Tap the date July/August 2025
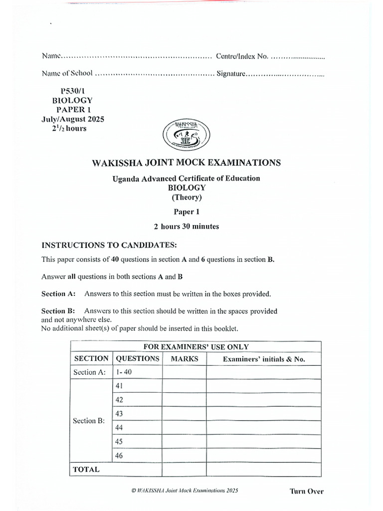pyautogui.click(x=73, y=119)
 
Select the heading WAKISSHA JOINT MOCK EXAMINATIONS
pyautogui.click(x=187, y=163)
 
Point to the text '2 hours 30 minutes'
pyautogui.click(x=187, y=226)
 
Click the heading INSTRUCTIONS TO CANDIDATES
pyautogui.click(x=109, y=245)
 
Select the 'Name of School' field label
pyautogui.click(x=67, y=73)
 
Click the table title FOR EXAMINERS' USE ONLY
pyautogui.click(x=196, y=347)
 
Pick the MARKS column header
pyautogui.click(x=185, y=359)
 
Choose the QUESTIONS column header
pyautogui.click(x=138, y=359)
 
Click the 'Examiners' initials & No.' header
pyautogui.click(x=264, y=359)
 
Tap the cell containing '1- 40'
pyautogui.click(x=125, y=372)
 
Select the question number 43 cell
pyautogui.click(x=119, y=414)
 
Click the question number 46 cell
pyautogui.click(x=119, y=456)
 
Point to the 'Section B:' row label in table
pyautogui.click(x=89, y=421)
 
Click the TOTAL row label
pyautogui.click(x=86, y=470)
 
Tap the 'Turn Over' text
pyautogui.click(x=306, y=491)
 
